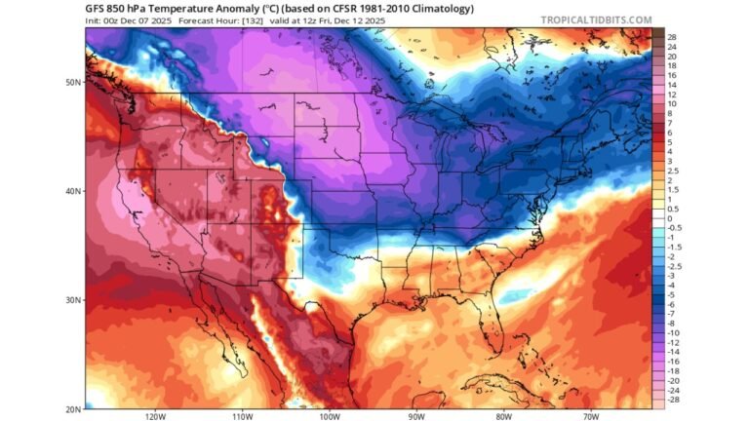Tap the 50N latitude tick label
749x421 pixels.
(73, 82)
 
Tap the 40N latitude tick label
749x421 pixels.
(73, 191)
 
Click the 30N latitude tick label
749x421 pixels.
(73, 300)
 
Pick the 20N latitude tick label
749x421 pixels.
(73, 408)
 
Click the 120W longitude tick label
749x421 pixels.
(154, 416)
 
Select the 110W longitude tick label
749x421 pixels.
(243, 416)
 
